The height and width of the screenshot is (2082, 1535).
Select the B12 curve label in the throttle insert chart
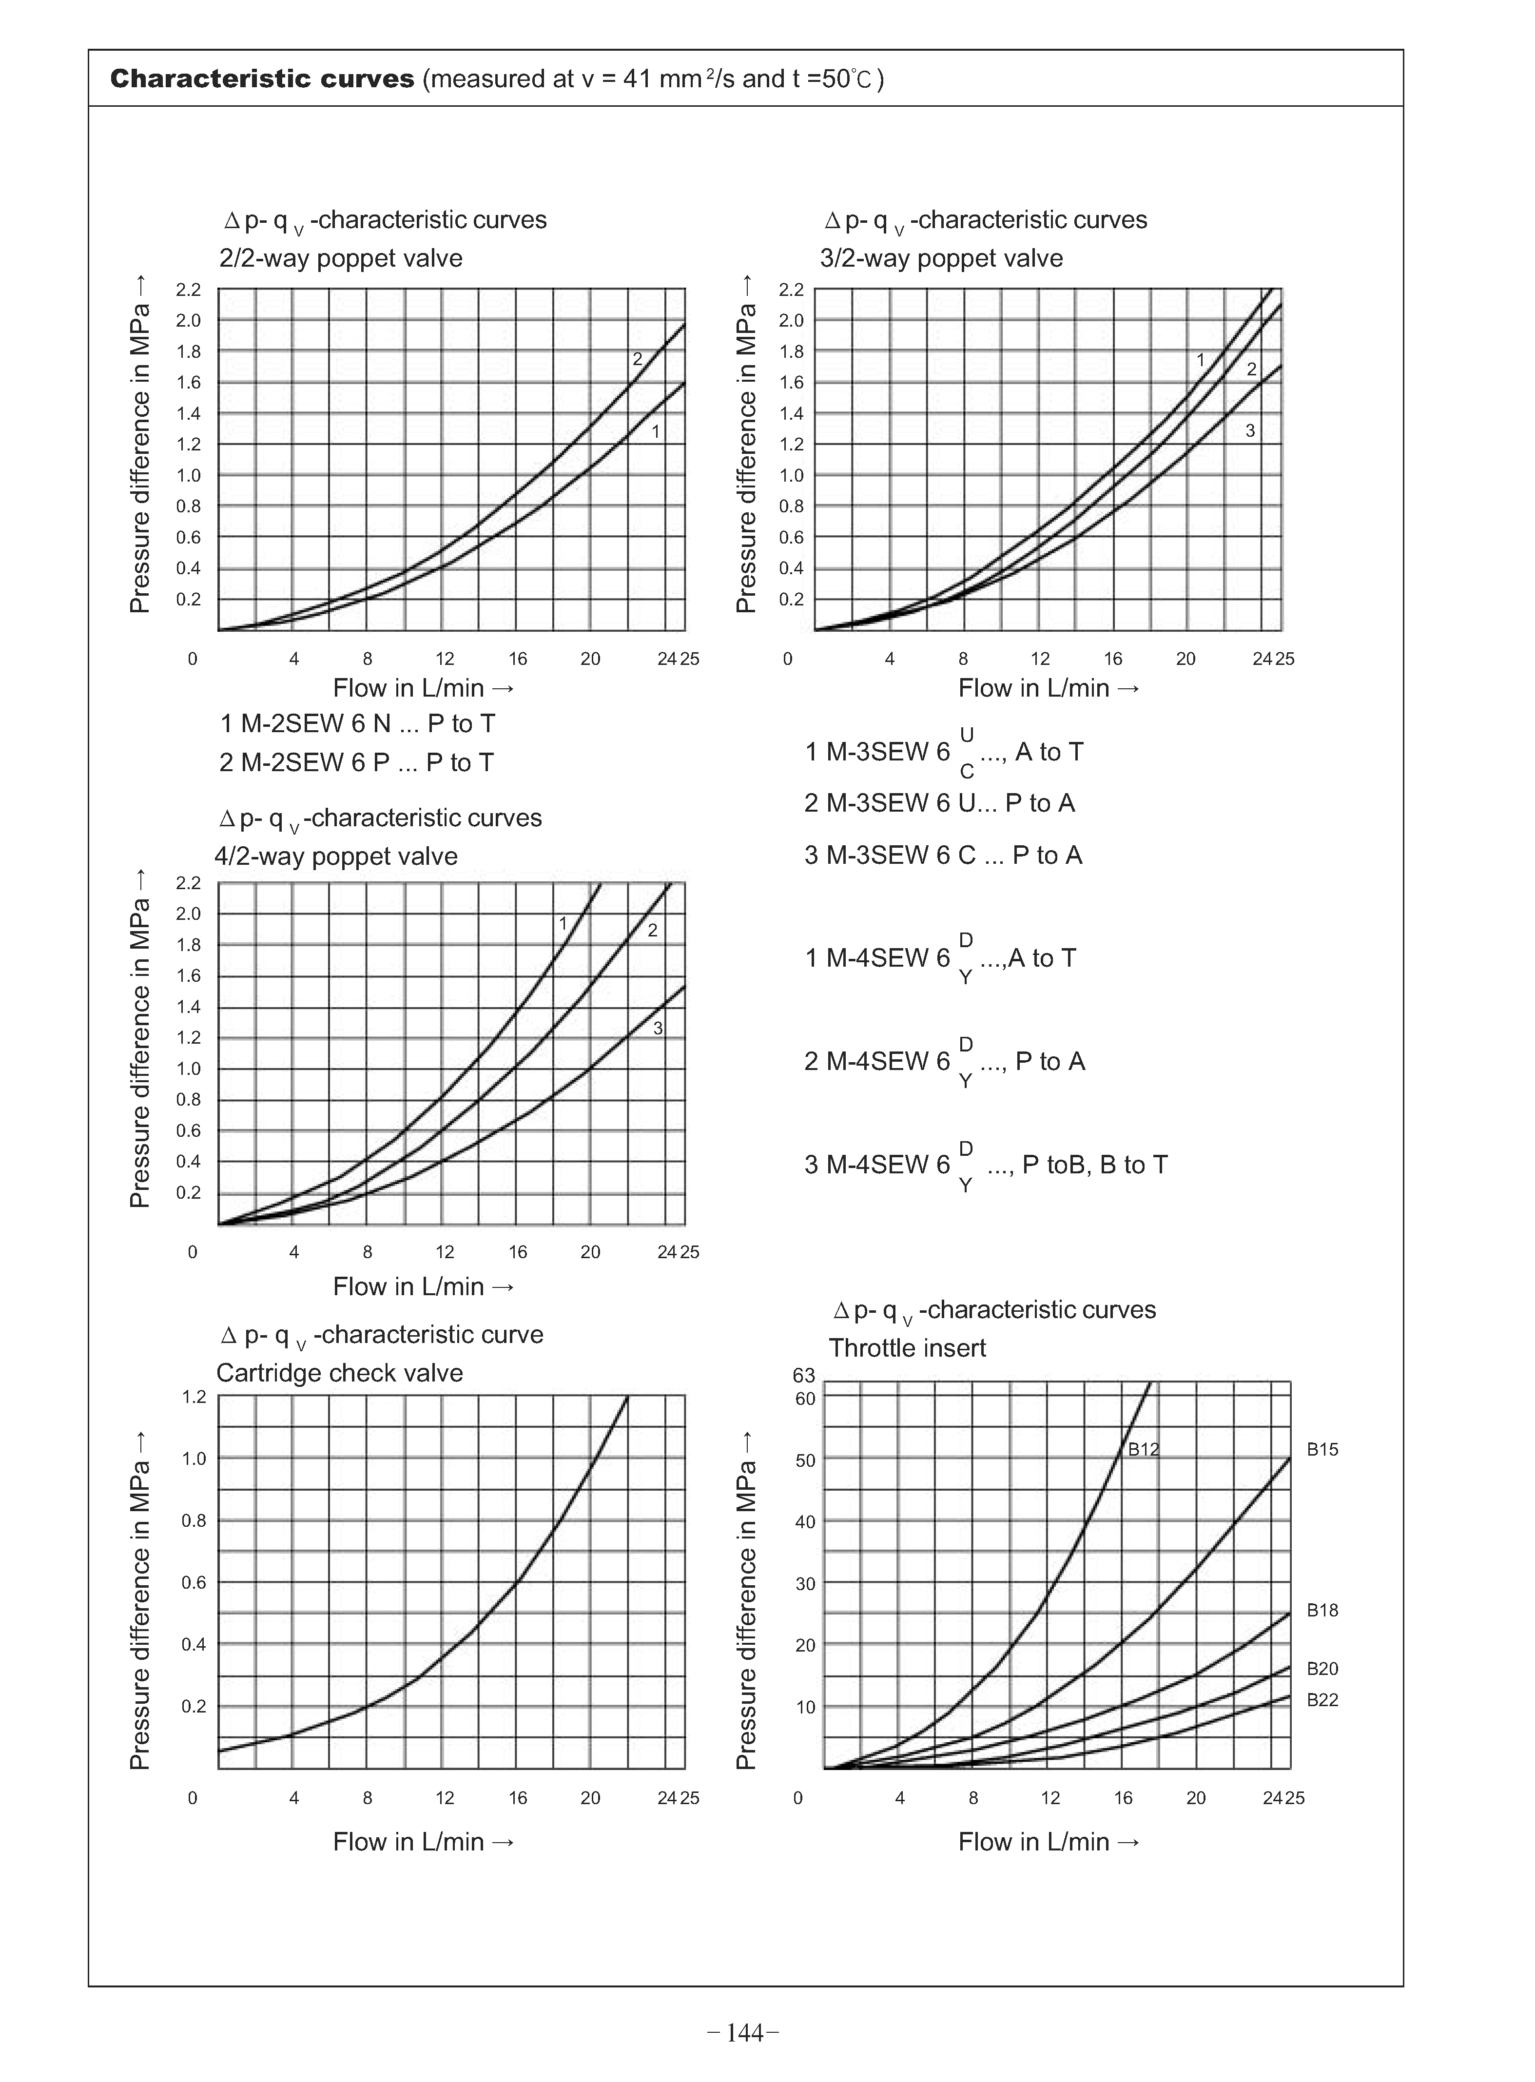[1143, 1449]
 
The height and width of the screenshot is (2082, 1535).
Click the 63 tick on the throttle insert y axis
[804, 1375]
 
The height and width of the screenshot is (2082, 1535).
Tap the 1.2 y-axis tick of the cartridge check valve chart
[193, 1396]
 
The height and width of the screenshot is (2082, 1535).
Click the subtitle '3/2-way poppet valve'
[941, 258]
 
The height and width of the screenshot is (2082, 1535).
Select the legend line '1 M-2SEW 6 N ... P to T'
[358, 724]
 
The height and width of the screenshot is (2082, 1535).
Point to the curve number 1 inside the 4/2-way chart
[562, 923]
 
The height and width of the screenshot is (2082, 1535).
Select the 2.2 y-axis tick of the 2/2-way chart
[189, 290]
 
